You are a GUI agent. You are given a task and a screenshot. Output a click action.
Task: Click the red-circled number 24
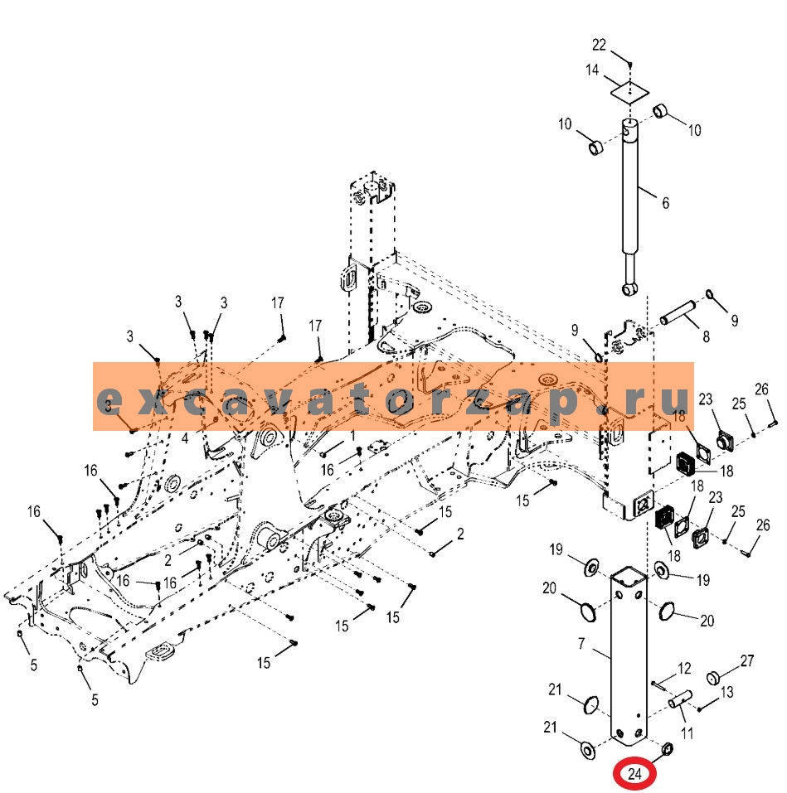[634, 774]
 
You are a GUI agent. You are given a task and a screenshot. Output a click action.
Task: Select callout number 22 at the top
[600, 45]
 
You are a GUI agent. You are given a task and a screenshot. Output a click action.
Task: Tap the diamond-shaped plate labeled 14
[629, 93]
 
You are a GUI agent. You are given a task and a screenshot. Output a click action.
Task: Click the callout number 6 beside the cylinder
[666, 203]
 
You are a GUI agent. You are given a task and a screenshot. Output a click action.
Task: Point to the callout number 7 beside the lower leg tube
[581, 644]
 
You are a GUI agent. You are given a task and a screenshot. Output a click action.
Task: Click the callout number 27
[747, 660]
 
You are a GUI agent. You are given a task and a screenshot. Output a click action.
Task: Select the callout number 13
[726, 692]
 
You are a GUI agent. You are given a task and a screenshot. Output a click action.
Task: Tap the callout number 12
[684, 669]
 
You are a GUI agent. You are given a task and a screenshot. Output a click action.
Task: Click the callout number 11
[687, 733]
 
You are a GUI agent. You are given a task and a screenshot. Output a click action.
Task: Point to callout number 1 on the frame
[352, 435]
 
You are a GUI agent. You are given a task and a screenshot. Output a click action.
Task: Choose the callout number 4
[185, 438]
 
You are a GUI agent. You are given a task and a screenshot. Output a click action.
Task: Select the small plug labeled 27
[714, 678]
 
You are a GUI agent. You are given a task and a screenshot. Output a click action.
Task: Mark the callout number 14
[592, 70]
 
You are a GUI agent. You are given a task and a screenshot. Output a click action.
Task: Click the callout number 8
[706, 336]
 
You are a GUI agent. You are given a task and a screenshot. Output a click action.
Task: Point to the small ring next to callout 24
[667, 748]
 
